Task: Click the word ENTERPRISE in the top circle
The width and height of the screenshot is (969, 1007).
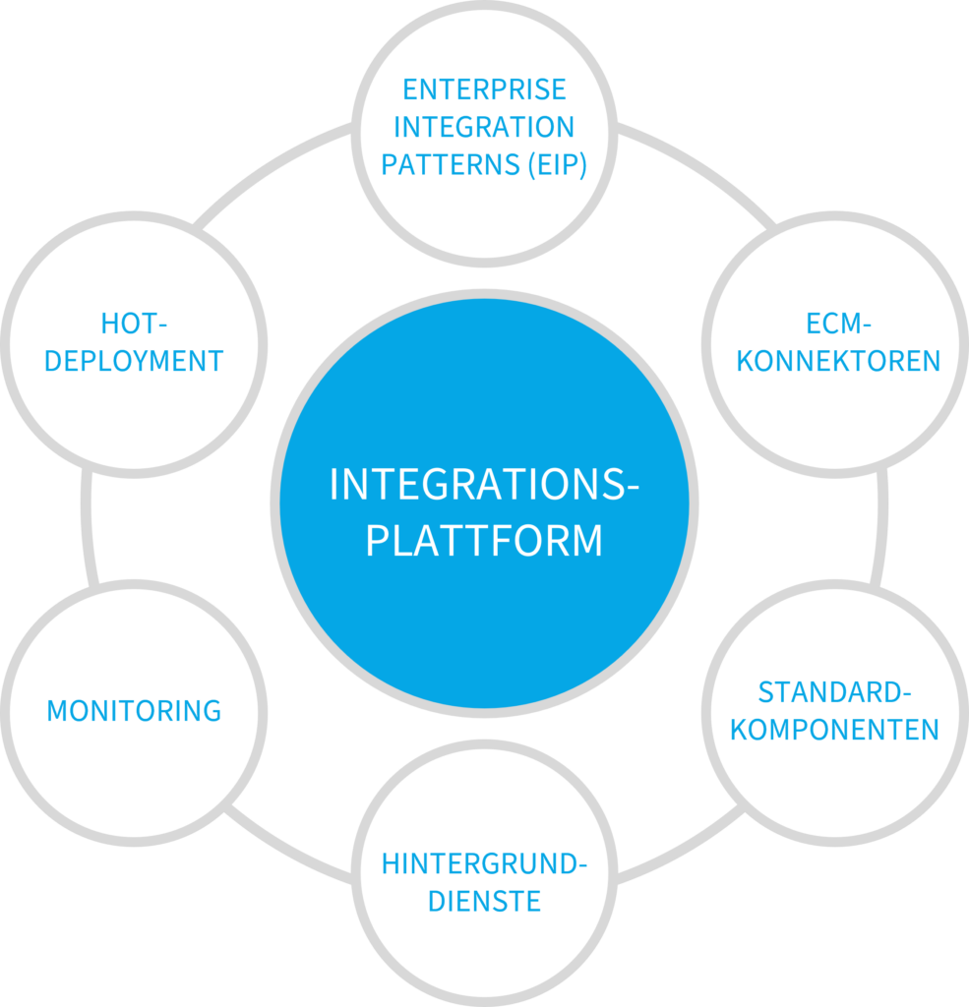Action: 484,89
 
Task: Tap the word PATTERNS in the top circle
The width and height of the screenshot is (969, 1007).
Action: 450,164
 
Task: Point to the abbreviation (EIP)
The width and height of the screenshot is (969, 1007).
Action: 556,164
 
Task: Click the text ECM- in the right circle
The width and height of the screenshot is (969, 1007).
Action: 838,325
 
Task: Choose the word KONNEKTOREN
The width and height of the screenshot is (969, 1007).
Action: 838,362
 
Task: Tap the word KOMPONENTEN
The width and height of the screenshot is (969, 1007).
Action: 834,730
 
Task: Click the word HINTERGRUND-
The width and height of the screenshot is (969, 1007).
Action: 484,864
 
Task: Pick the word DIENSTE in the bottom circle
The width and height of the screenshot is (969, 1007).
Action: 484,902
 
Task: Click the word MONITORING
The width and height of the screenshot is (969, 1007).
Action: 135,711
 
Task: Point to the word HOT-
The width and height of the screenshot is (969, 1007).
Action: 135,324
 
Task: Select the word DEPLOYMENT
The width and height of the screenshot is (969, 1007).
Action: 135,361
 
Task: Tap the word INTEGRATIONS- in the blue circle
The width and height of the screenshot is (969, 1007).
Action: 484,485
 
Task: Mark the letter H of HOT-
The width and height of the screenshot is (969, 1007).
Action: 109,324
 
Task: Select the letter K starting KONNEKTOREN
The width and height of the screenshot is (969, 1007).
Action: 745,362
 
